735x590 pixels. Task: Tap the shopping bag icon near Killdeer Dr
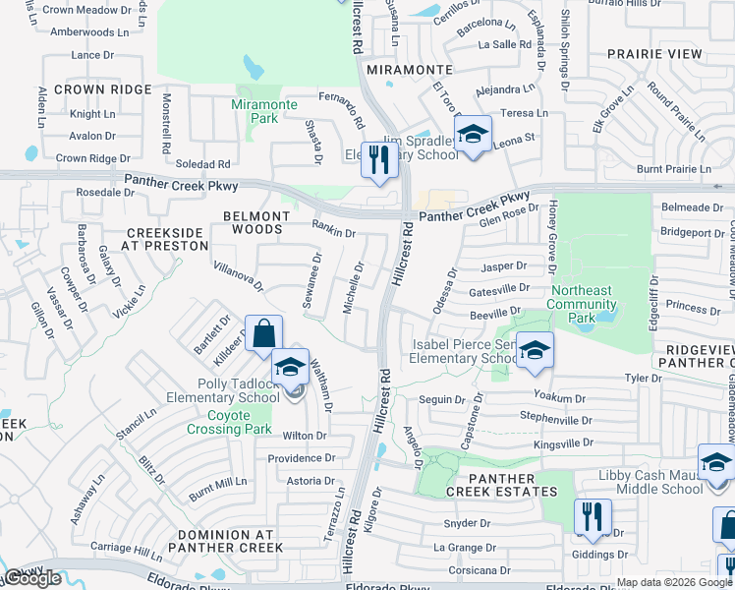pyautogui.click(x=264, y=334)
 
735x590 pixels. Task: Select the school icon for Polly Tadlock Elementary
pyautogui.click(x=290, y=368)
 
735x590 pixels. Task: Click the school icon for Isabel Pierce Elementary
pyautogui.click(x=535, y=351)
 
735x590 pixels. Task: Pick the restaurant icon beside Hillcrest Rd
pyautogui.click(x=378, y=160)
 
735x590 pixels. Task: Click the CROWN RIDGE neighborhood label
pyautogui.click(x=103, y=89)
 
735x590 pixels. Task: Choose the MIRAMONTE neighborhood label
pyautogui.click(x=409, y=71)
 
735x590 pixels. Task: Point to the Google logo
pyautogui.click(x=33, y=578)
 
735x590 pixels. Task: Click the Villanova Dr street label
pyautogui.click(x=238, y=276)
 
